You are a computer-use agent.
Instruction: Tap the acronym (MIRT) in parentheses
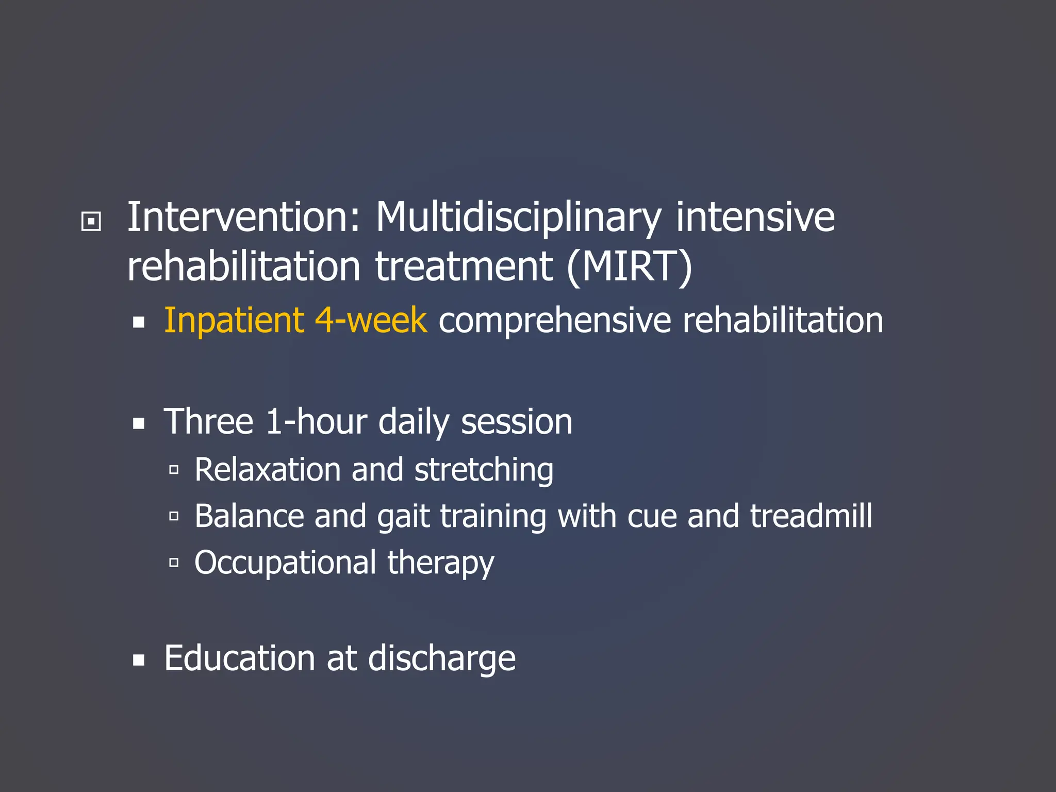(629, 267)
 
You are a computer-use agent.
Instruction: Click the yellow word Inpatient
(234, 321)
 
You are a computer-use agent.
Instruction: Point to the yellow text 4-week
(371, 320)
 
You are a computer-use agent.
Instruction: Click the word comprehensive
(555, 321)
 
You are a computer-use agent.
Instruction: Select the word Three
(208, 422)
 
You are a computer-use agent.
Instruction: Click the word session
(516, 422)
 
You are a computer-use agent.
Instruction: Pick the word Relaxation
(268, 470)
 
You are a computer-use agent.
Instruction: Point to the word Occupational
(285, 563)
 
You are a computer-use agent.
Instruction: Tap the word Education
(239, 658)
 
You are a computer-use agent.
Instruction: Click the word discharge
(441, 659)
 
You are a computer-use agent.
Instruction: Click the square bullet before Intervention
(91, 222)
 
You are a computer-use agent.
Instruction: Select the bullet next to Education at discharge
(138, 661)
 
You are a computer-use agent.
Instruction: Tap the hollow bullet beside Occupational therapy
(174, 563)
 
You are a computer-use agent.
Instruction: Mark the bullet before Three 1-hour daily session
(138, 424)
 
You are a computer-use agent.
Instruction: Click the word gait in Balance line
(403, 517)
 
